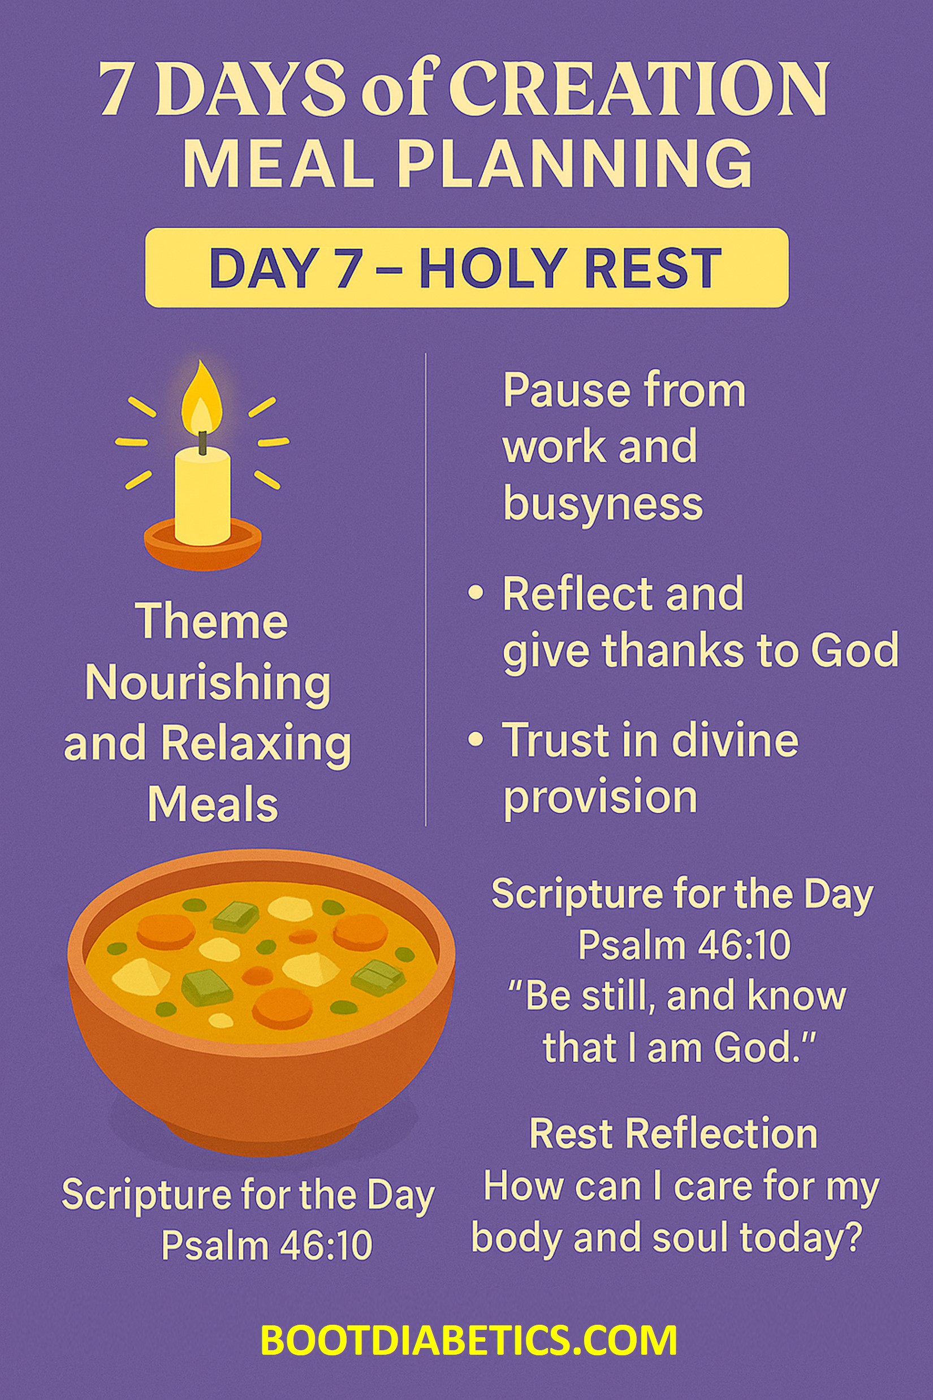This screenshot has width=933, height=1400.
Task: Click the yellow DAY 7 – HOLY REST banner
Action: pyautogui.click(x=466, y=268)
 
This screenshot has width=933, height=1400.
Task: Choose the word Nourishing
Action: pyautogui.click(x=208, y=683)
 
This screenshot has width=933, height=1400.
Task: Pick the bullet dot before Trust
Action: pyautogui.click(x=475, y=739)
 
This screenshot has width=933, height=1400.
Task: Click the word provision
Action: pyautogui.click(x=601, y=797)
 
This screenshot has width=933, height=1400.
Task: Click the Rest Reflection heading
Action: pyautogui.click(x=673, y=1133)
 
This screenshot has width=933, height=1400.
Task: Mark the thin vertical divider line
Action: pyautogui.click(x=425, y=589)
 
